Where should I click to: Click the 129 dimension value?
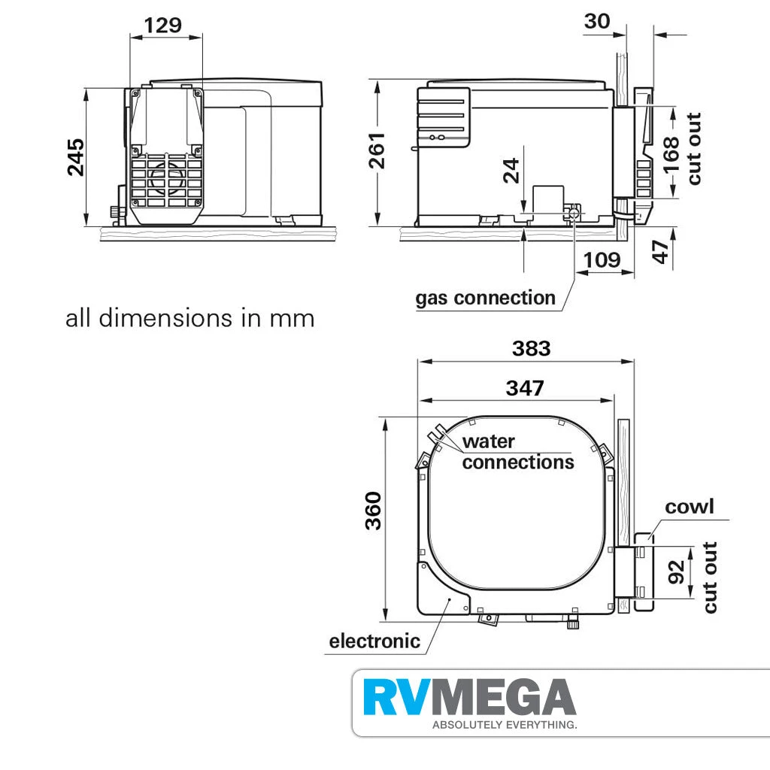163,25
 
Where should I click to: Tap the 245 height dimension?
76,157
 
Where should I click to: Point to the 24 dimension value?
511,171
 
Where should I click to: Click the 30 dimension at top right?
597,21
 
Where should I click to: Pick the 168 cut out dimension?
672,153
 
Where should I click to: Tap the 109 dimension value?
602,259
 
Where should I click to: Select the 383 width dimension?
531,348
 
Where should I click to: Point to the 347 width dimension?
524,388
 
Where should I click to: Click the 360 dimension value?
374,511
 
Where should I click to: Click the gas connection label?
485,298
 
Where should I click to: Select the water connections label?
517,451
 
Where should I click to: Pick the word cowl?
689,507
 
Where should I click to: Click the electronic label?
374,641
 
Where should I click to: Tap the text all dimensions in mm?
189,318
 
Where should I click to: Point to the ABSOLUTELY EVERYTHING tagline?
504,726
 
